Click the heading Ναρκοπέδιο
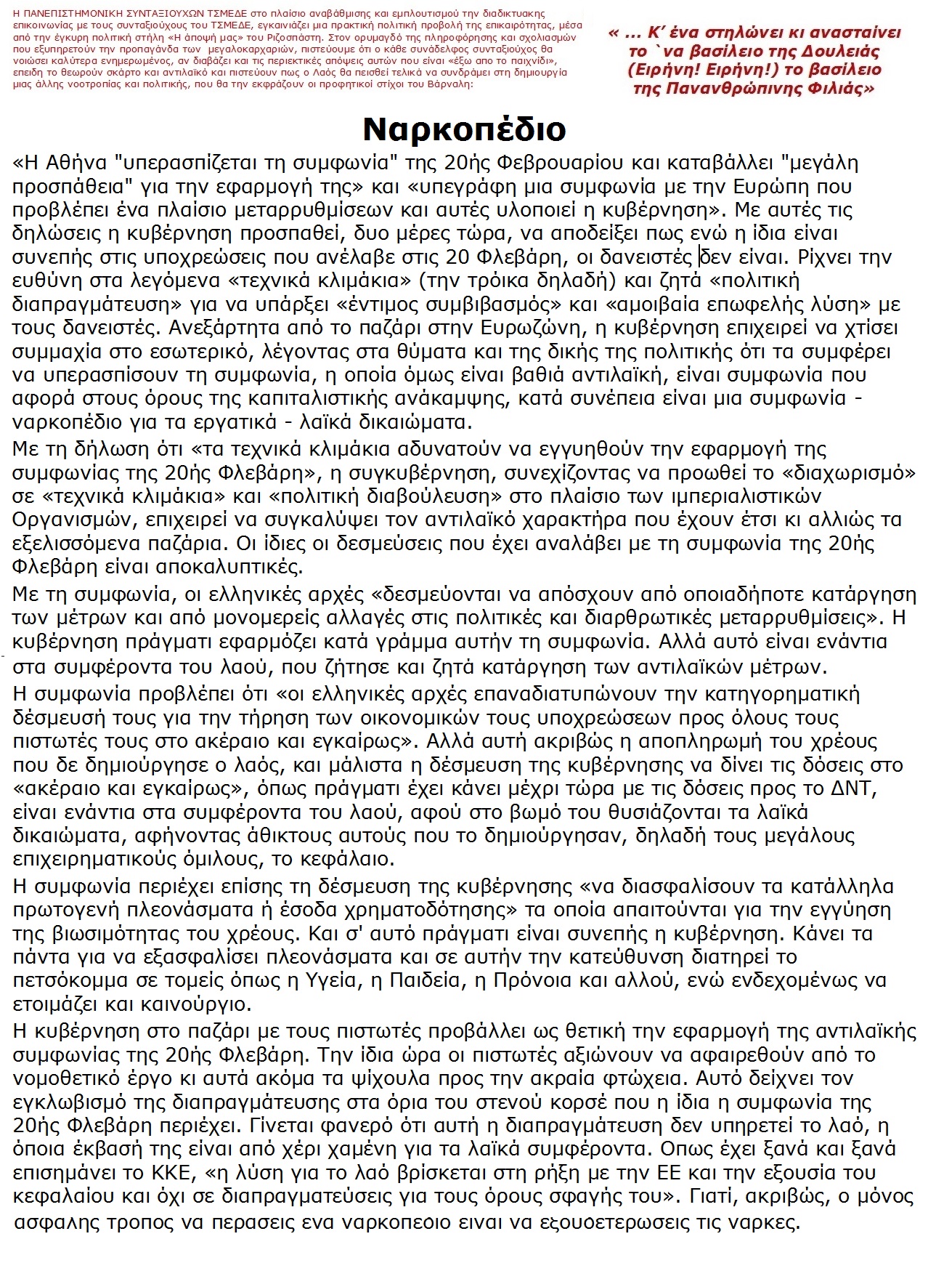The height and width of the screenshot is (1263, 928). (x=464, y=129)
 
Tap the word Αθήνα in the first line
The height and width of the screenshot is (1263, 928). (x=73, y=162)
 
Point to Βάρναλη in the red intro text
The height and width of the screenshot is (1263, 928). (x=452, y=84)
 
